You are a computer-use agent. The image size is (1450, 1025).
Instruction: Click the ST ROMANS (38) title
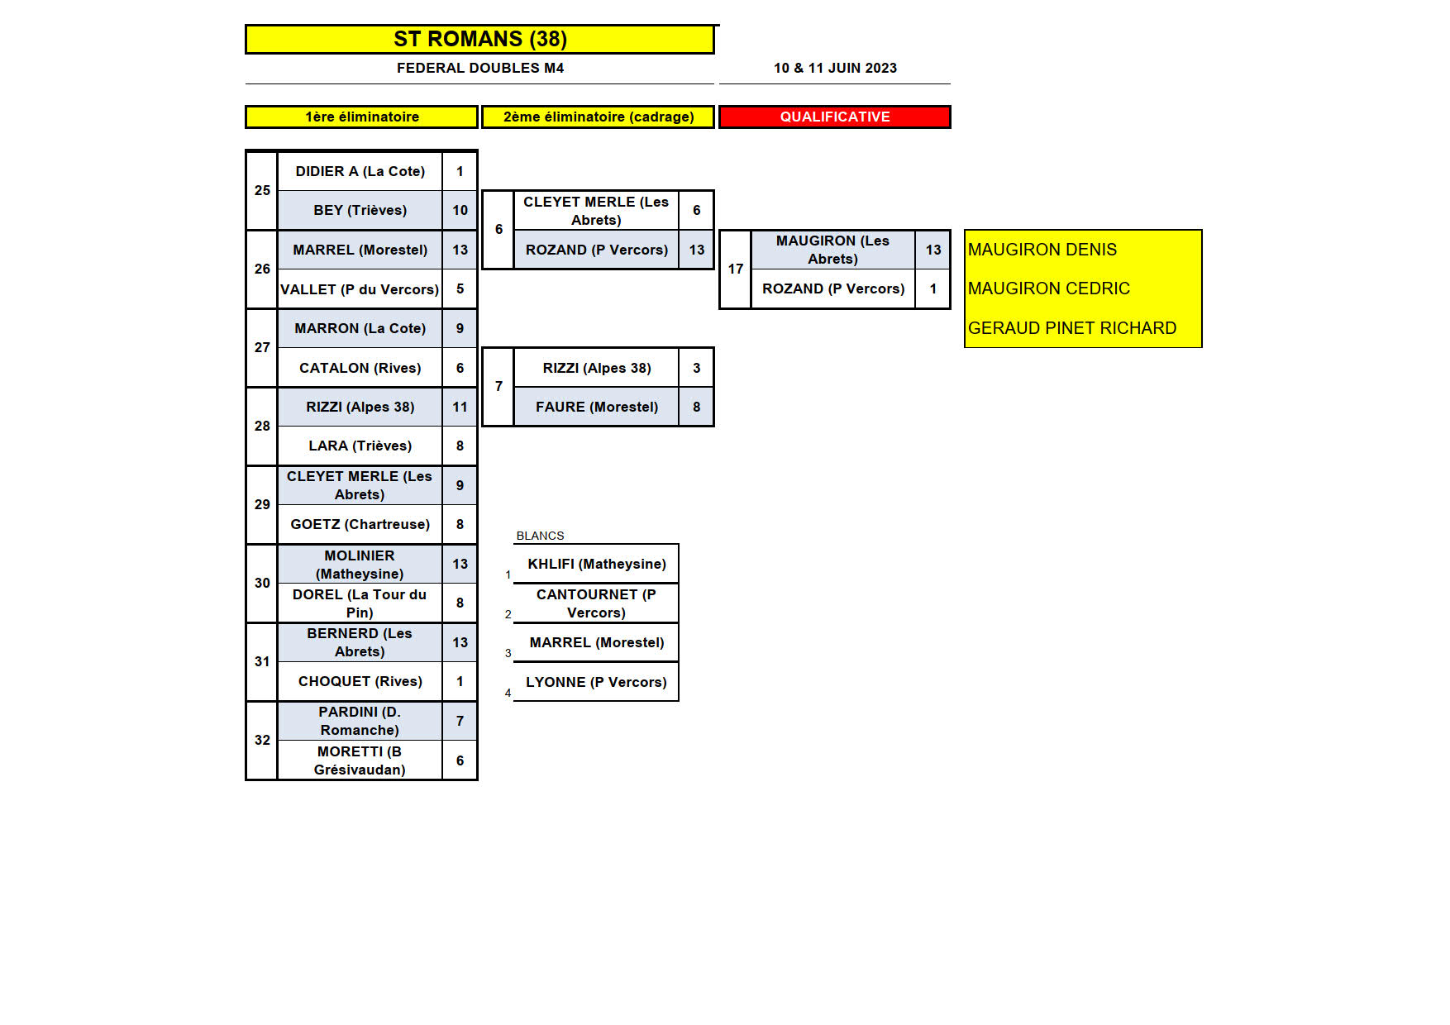click(479, 39)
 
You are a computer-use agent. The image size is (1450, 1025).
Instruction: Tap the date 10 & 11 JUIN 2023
click(835, 68)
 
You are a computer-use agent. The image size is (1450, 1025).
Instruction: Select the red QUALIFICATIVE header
click(835, 117)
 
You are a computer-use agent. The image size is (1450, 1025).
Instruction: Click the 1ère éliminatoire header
click(362, 117)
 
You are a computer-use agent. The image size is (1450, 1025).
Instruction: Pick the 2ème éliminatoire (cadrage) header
click(599, 117)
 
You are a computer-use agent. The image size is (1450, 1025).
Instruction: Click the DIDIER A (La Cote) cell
click(360, 171)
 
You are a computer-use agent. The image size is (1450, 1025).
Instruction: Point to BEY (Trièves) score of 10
click(460, 210)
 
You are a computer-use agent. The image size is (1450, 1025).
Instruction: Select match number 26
click(262, 269)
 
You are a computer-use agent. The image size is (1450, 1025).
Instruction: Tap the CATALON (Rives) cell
click(360, 368)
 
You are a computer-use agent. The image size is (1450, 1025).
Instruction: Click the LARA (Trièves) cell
click(360, 446)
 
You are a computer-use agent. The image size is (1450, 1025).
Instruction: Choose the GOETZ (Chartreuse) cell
click(360, 524)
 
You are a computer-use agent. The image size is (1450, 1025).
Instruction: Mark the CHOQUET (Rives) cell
click(360, 681)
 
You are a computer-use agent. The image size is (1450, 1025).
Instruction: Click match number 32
click(262, 740)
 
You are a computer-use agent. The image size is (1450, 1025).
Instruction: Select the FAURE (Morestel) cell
click(596, 407)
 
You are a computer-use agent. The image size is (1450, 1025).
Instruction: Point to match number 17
click(736, 269)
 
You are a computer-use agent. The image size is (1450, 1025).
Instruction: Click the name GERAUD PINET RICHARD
click(1071, 328)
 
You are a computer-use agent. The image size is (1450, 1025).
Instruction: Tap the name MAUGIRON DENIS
click(1042, 250)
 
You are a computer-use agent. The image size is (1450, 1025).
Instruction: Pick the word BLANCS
click(540, 536)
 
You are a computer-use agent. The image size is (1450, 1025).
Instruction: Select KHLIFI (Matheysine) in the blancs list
click(596, 564)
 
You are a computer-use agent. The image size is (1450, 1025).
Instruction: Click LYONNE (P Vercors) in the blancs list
click(596, 682)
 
